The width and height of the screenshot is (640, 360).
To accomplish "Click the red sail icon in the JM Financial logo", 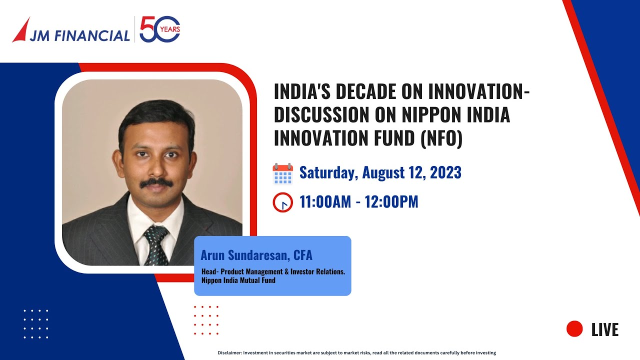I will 21,31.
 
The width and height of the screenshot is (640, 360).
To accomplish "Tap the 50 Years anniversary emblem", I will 159,29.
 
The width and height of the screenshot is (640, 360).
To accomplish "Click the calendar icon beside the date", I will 282,174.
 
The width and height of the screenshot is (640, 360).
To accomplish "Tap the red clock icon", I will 282,202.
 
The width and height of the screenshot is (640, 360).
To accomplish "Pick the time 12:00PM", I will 391,202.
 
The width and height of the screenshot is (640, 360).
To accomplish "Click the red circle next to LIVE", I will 574,329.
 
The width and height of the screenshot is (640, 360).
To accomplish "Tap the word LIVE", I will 605,330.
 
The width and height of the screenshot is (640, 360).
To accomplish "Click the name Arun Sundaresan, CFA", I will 256,255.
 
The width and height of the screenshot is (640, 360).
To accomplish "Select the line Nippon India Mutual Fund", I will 238,280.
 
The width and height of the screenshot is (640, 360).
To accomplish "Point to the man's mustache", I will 156,183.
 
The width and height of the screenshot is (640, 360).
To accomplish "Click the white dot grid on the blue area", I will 36,324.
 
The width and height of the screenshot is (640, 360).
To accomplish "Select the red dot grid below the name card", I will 206,320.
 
